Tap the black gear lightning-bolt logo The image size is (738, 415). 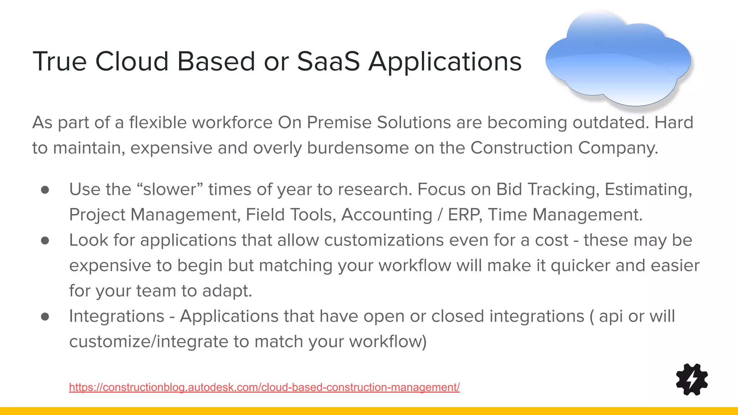click(692, 379)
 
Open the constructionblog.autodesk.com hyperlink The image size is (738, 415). click(264, 387)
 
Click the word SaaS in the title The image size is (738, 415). click(328, 61)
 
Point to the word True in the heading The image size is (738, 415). click(59, 61)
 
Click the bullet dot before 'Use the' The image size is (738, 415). click(45, 190)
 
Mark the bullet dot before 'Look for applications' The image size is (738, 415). click(45, 240)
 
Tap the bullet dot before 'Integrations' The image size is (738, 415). click(45, 316)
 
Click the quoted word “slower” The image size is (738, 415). click(170, 189)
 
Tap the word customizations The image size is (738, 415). click(384, 240)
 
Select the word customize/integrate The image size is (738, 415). click(148, 342)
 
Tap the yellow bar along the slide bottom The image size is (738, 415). click(369, 411)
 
